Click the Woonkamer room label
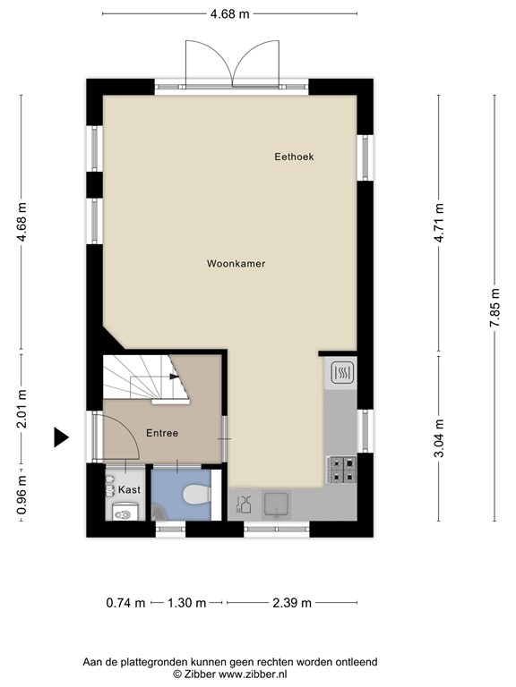tap(236, 264)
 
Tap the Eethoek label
tap(294, 157)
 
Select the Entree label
tap(162, 433)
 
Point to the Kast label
tap(129, 489)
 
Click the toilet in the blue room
tap(197, 494)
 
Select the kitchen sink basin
tap(277, 504)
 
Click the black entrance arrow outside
tap(61, 437)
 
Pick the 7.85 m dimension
tap(494, 308)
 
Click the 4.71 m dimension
tap(439, 223)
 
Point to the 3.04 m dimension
tap(439, 438)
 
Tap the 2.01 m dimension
tap(21, 408)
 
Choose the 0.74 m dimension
tap(125, 603)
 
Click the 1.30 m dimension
tap(187, 603)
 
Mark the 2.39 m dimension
tap(292, 603)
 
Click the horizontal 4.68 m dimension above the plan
tap(230, 14)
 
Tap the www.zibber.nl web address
tap(253, 674)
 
